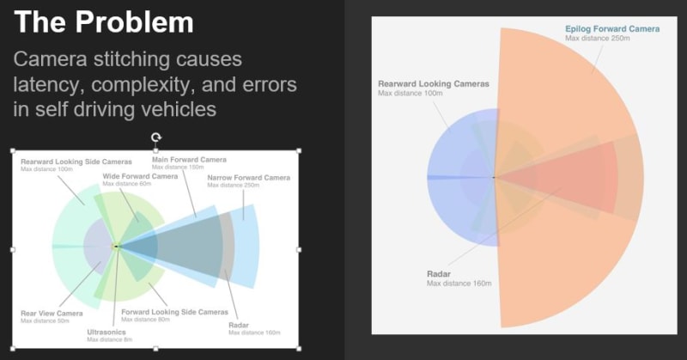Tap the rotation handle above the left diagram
tap(155, 137)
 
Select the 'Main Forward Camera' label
tap(189, 160)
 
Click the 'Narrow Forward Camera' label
tap(248, 178)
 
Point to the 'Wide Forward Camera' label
tap(139, 176)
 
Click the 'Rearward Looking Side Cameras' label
tap(76, 162)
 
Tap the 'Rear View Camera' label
tap(52, 314)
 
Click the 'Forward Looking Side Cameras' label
tap(175, 312)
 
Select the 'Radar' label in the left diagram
tap(238, 325)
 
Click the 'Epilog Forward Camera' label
tap(611, 28)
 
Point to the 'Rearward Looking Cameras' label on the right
tap(433, 84)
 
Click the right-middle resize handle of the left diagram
tap(299, 249)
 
